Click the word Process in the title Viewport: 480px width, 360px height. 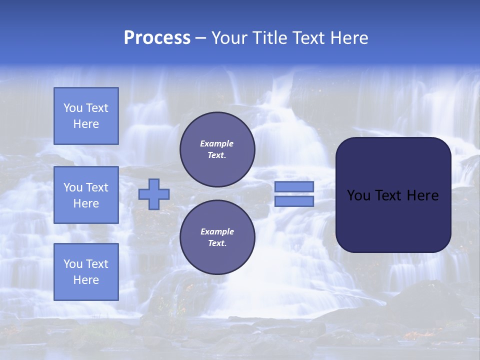(157, 38)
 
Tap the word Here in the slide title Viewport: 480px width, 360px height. (349, 38)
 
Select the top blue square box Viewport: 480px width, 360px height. (86, 116)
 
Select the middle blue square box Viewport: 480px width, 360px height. (86, 195)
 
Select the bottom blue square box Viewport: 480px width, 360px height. (86, 271)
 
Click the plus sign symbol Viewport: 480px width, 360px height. (154, 194)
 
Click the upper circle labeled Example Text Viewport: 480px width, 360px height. (217, 149)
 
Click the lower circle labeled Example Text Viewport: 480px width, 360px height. (217, 237)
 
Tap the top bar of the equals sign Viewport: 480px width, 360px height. (294, 187)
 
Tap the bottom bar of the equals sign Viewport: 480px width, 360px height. (294, 201)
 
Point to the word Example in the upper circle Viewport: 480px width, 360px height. (217, 143)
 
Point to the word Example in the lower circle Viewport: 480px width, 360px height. (217, 231)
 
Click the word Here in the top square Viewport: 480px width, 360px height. (86, 124)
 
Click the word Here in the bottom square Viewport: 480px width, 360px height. (86, 280)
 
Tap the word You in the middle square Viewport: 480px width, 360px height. (72, 187)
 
